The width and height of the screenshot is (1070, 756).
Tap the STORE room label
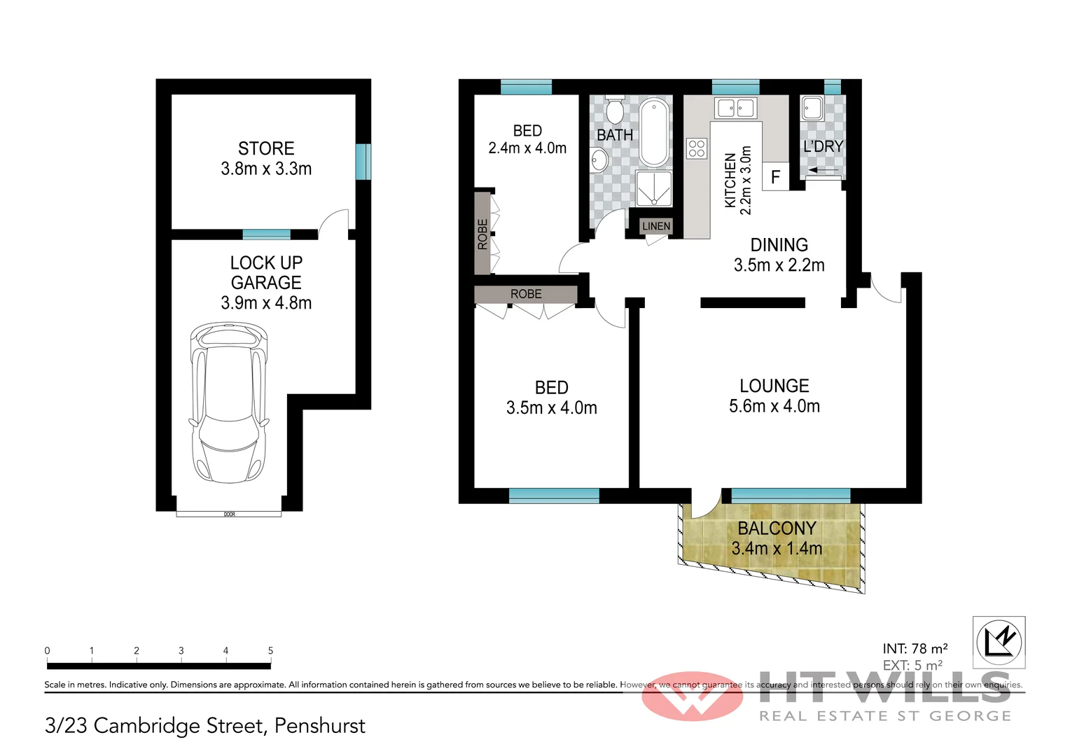click(266, 148)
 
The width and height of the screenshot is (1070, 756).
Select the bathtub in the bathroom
click(654, 132)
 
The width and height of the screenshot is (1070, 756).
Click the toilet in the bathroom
click(615, 110)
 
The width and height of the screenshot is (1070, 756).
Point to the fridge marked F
click(775, 176)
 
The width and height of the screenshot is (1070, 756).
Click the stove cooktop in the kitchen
click(696, 148)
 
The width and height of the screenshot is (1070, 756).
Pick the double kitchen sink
click(735, 108)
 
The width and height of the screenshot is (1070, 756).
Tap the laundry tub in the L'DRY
click(812, 108)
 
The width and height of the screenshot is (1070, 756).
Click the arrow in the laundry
click(824, 169)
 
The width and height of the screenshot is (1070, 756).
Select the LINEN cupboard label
click(656, 226)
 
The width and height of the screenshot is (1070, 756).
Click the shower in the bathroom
click(653, 188)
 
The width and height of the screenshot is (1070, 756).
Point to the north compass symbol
click(999, 641)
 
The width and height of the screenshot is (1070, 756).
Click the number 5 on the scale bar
click(270, 650)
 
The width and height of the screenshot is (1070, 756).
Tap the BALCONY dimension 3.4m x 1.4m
click(777, 548)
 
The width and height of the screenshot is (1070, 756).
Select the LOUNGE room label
click(774, 386)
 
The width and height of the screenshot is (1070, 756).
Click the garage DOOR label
click(229, 514)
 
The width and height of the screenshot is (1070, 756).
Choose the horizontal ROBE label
click(526, 294)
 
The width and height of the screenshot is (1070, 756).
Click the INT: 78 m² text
click(915, 648)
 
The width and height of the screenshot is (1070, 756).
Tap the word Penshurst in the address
click(319, 726)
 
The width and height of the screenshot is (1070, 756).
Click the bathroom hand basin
click(599, 159)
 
